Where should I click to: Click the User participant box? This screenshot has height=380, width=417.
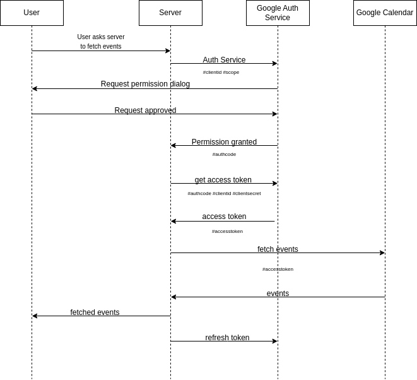(32, 13)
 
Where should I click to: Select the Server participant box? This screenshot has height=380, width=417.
(170, 13)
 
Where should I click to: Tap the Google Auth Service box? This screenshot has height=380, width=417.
(278, 13)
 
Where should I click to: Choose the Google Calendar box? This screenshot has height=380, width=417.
(385, 13)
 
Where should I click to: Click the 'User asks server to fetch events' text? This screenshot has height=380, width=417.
(101, 42)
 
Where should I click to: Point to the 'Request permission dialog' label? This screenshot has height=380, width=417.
(145, 84)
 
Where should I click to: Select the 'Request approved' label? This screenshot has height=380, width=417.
(145, 110)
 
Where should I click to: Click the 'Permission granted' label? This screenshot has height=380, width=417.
(224, 142)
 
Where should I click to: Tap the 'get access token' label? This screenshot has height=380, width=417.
(223, 180)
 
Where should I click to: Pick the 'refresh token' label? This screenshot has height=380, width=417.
(227, 338)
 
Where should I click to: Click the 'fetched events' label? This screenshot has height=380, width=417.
(95, 312)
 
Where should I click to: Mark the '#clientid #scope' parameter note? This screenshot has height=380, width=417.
(221, 72)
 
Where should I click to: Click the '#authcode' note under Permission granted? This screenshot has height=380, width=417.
(224, 154)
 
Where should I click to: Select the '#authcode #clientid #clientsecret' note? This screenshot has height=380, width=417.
(224, 193)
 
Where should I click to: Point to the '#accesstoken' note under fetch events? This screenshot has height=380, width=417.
(278, 269)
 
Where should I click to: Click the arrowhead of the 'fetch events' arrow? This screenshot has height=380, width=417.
(382, 252)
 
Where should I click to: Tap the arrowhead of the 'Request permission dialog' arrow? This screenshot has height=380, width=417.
(35, 88)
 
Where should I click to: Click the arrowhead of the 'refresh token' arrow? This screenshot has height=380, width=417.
(275, 341)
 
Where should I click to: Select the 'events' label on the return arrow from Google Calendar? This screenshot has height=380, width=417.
(278, 294)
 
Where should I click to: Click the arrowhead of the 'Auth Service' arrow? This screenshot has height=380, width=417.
(275, 63)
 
